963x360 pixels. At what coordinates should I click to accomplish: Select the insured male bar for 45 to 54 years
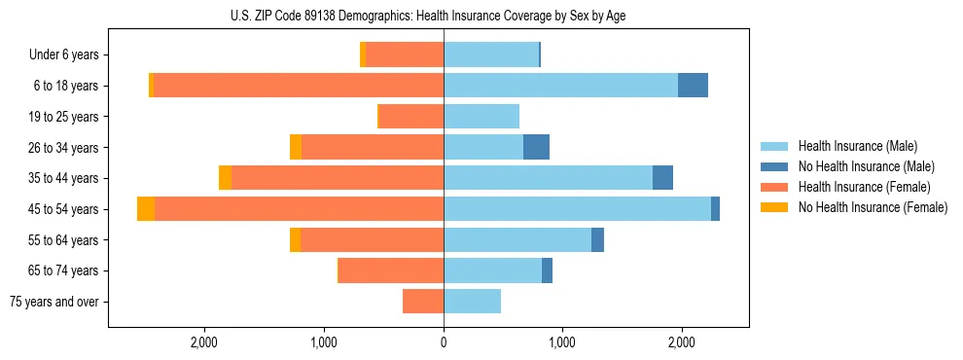point(577,209)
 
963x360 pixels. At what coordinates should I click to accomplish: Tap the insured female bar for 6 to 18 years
point(299,86)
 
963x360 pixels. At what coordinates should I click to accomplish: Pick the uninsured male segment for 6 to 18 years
point(693,86)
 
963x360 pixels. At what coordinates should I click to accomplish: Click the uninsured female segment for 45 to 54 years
point(146,209)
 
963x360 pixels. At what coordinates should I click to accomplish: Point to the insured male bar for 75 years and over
point(472,302)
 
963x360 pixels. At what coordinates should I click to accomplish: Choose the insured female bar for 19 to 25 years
point(411,117)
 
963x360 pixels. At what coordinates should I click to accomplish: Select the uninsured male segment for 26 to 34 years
point(536,148)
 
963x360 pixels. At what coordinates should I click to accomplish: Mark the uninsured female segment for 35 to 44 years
point(225,178)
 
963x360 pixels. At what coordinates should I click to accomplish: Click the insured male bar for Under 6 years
point(491,55)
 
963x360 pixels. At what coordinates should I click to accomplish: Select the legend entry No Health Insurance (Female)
point(873,207)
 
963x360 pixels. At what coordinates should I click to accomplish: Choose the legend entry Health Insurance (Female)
point(864,187)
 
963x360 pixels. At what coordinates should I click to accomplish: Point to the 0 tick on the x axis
point(444,342)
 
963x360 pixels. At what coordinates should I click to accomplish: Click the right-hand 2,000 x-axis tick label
point(682,342)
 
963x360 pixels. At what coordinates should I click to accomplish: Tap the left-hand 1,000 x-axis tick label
point(323,342)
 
